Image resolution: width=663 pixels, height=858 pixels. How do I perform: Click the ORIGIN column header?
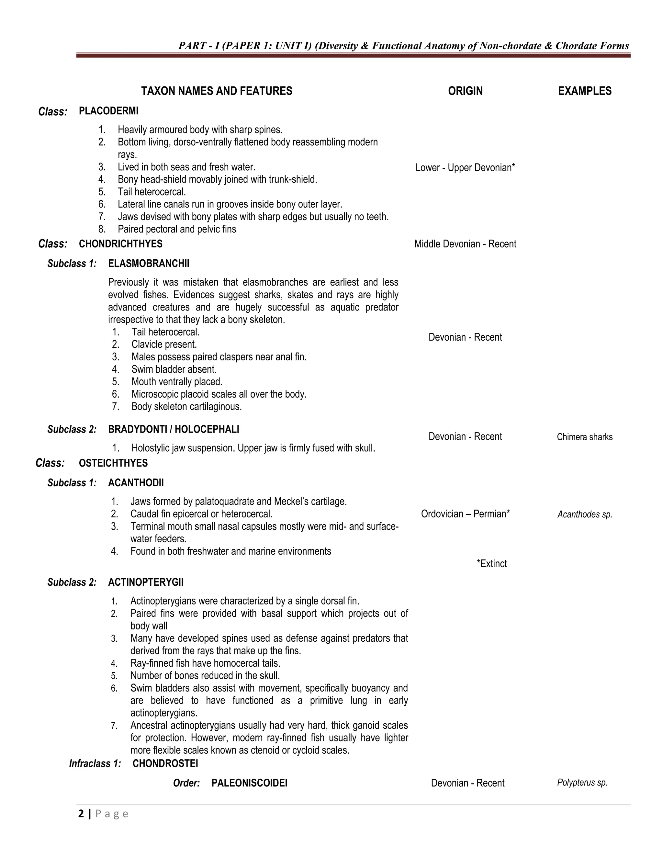pos(465,91)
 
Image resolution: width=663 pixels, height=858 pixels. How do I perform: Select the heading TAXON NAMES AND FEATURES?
pos(217,91)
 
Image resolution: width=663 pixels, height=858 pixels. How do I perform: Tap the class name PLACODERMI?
pos(108,111)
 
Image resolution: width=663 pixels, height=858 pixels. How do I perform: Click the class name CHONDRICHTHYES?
pos(120,244)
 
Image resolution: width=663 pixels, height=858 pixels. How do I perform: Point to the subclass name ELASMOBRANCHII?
pos(149,264)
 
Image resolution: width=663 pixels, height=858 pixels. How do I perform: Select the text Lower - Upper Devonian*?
pos(465,168)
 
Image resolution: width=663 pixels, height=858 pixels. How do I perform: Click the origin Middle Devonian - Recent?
pos(465,244)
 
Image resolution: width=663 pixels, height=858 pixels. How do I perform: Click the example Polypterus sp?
pos(582,783)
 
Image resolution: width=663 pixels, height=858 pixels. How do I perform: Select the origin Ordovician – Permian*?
pos(465,514)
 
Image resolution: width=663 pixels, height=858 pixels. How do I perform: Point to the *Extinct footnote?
pos(491,564)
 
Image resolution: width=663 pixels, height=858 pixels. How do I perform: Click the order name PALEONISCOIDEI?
pos(249,783)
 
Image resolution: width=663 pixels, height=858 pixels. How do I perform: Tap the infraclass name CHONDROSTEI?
pos(165,763)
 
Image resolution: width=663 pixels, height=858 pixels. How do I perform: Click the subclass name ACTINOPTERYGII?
pos(146,582)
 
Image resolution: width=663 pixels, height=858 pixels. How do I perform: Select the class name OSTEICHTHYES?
pos(113,463)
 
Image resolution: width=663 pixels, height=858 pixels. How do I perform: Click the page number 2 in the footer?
pos(81,814)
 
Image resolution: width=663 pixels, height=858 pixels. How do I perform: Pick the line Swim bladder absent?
pos(174,369)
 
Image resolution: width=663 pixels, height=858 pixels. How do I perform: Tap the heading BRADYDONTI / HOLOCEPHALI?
pos(173,429)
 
